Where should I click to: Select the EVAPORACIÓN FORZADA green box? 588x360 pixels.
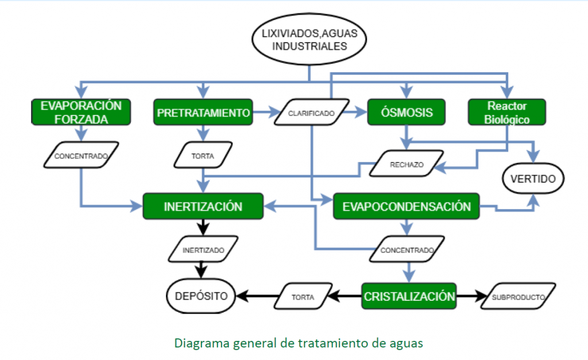pyautogui.click(x=81, y=112)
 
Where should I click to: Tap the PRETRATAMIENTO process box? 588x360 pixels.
pyautogui.click(x=203, y=112)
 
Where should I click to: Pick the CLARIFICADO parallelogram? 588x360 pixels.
pyautogui.click(x=311, y=113)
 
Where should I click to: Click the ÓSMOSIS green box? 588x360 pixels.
pyautogui.click(x=407, y=112)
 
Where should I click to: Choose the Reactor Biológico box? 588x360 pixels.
pyautogui.click(x=506, y=112)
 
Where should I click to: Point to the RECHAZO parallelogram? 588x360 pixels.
pyautogui.click(x=407, y=164)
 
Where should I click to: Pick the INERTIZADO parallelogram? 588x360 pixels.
pyautogui.click(x=203, y=250)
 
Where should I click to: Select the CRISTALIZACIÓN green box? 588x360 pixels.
pyautogui.click(x=409, y=296)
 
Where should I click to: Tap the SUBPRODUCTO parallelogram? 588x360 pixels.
pyautogui.click(x=518, y=297)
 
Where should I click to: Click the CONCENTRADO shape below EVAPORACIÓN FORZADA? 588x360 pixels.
pyautogui.click(x=82, y=155)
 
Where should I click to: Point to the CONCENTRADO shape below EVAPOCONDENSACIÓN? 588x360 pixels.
pyautogui.click(x=407, y=250)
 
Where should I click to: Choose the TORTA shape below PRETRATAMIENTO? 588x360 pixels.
pyautogui.click(x=203, y=155)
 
